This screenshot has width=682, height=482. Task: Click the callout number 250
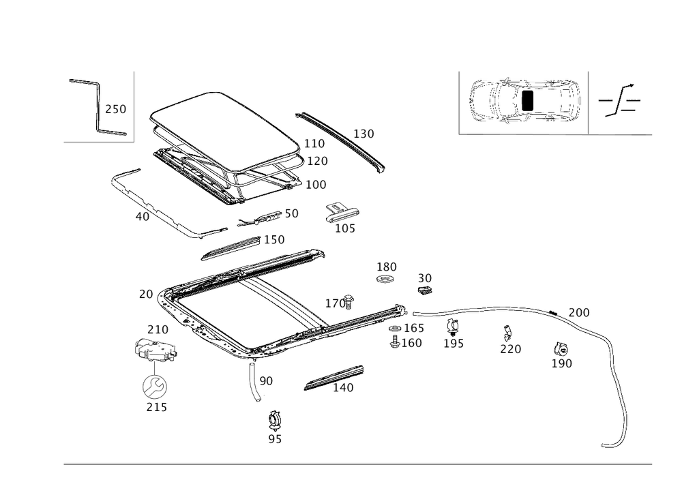tap(115, 109)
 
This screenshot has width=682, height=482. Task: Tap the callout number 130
tap(364, 134)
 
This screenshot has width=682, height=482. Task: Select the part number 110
tap(314, 144)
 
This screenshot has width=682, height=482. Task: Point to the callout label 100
tap(316, 184)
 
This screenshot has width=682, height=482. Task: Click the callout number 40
tap(142, 217)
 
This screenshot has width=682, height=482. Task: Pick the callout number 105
tap(344, 228)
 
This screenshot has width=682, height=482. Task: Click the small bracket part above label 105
tap(340, 211)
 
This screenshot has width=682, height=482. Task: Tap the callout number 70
tap(145, 295)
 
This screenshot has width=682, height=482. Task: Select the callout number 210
tap(158, 330)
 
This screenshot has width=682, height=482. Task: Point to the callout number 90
tap(265, 381)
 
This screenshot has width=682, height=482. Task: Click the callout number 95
tap(275, 440)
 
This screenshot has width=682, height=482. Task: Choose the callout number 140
tap(343, 387)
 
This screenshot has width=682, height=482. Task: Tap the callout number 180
tap(387, 266)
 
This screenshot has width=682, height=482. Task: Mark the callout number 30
tap(425, 278)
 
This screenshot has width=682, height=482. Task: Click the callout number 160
tap(411, 343)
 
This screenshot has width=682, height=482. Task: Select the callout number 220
tap(510, 348)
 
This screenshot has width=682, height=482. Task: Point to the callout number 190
tap(561, 363)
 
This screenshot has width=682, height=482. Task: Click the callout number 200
tap(579, 312)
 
